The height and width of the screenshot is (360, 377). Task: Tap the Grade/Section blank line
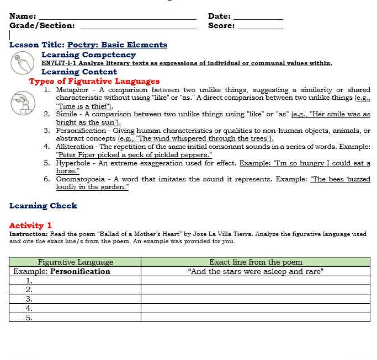click(x=138, y=26)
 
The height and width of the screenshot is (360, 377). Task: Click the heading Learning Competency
click(x=88, y=55)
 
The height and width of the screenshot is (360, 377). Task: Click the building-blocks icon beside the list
click(x=22, y=103)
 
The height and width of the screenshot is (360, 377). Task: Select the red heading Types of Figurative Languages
click(x=94, y=81)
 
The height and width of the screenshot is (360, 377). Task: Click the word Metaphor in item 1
click(x=72, y=90)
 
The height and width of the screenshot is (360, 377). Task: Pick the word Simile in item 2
click(x=67, y=114)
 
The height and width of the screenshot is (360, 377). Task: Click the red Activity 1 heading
click(x=30, y=225)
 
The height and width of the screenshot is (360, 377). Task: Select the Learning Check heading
click(x=43, y=206)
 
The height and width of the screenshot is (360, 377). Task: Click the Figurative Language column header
click(x=75, y=262)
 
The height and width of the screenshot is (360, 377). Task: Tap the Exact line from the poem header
click(x=256, y=262)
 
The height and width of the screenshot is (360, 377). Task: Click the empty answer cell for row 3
click(x=256, y=298)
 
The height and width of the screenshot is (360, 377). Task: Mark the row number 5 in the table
click(x=29, y=317)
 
